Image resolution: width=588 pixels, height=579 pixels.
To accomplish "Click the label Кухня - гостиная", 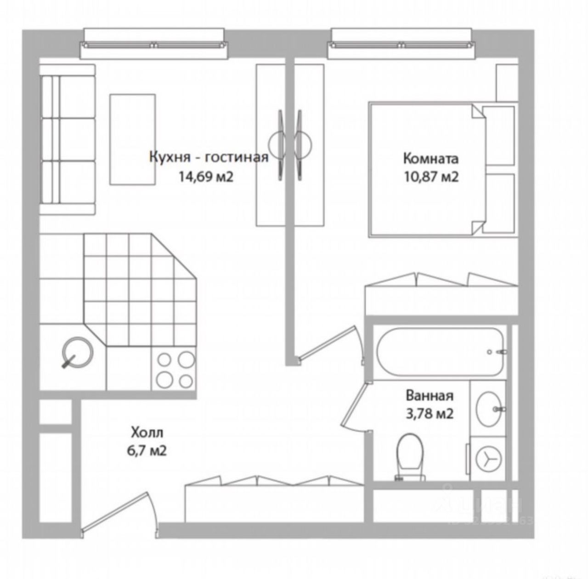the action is (x=209, y=157).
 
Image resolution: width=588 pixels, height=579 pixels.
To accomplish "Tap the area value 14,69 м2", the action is (x=207, y=176).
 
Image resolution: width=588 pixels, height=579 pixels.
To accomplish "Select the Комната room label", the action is (x=430, y=159).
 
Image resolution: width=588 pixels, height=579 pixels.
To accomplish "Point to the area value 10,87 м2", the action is (x=431, y=177).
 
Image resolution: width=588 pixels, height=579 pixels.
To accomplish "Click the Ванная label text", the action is (x=430, y=396).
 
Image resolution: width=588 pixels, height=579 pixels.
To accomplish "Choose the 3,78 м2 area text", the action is (x=430, y=413).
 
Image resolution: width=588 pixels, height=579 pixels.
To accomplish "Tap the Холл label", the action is (x=147, y=432).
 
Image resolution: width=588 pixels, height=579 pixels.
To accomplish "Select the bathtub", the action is (x=441, y=351).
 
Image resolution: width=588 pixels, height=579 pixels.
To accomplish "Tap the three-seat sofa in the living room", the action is (x=67, y=140).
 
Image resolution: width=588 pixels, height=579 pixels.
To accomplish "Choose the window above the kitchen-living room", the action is (x=154, y=45).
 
